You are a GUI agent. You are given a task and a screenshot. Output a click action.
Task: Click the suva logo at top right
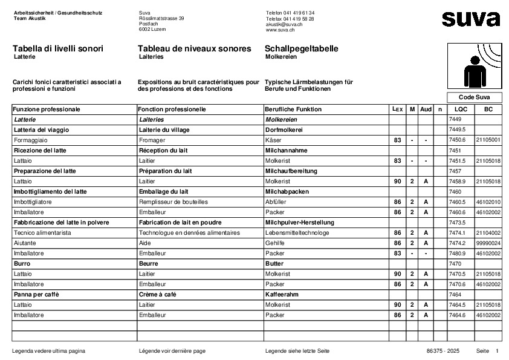[x=471, y=19]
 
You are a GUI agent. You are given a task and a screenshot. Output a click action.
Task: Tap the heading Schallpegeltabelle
[x=301, y=48]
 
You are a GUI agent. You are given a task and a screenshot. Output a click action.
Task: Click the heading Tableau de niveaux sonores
[x=194, y=48]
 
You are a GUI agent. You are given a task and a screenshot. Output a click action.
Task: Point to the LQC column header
[x=461, y=110]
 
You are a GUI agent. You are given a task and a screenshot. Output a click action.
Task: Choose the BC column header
[x=488, y=110]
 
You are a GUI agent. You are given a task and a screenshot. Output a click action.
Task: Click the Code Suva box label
[x=474, y=97]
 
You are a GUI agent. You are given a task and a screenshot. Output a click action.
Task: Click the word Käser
[x=273, y=140]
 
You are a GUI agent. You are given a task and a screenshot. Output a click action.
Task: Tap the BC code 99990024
[x=488, y=243]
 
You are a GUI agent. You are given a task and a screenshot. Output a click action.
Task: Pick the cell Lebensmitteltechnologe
[x=297, y=232]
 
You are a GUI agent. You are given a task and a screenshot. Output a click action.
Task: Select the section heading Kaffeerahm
[x=282, y=294]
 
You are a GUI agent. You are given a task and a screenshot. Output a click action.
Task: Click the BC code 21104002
[x=488, y=232]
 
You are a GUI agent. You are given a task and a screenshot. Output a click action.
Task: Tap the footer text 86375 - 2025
[x=443, y=351]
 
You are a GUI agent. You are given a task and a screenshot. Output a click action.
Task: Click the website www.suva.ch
[x=280, y=30]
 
